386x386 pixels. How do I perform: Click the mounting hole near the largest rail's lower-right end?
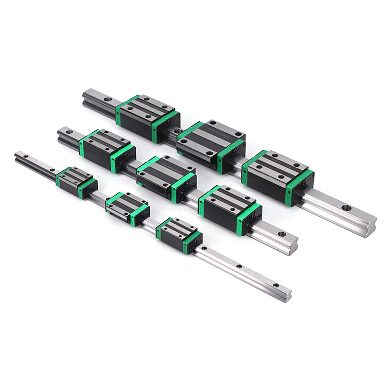(x=347, y=208)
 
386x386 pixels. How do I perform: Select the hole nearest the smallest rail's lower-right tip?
(x=275, y=285)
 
